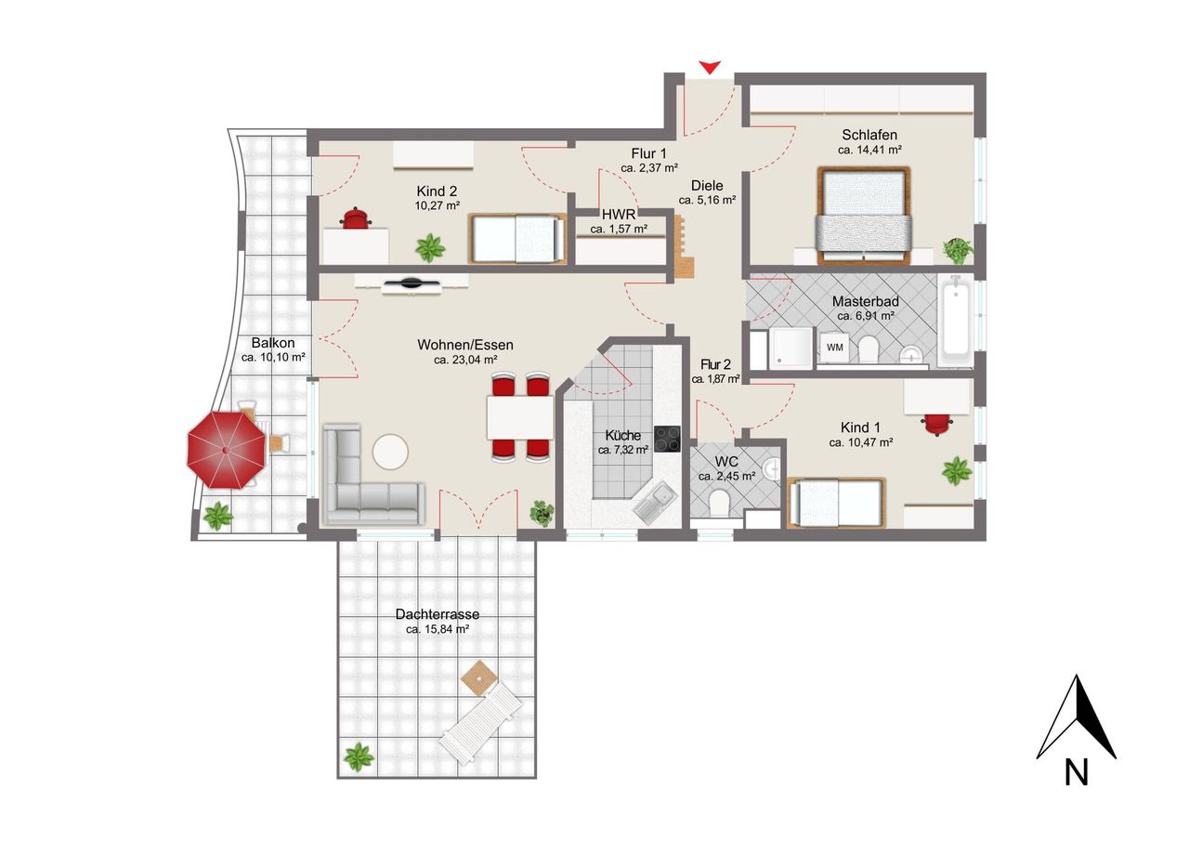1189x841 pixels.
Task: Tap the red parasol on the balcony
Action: pos(226,450)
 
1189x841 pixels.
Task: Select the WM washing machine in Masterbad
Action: pos(834,348)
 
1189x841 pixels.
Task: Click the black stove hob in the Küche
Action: pos(667,439)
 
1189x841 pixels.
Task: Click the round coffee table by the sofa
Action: pos(390,452)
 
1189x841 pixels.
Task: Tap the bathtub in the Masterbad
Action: pos(956,321)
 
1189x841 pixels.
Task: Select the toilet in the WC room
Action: pos(719,502)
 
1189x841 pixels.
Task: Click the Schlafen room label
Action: pos(869,135)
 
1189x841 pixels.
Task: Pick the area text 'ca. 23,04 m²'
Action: pos(465,360)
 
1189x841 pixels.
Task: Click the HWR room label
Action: pos(619,215)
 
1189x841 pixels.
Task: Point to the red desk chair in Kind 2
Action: pos(356,218)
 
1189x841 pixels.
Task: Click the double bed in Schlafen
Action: pos(864,216)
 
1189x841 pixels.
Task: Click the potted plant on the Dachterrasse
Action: pos(359,756)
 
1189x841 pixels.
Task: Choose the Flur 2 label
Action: pos(715,365)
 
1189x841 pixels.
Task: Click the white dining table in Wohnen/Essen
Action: pos(520,418)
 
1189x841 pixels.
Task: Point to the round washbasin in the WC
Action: pos(771,469)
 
